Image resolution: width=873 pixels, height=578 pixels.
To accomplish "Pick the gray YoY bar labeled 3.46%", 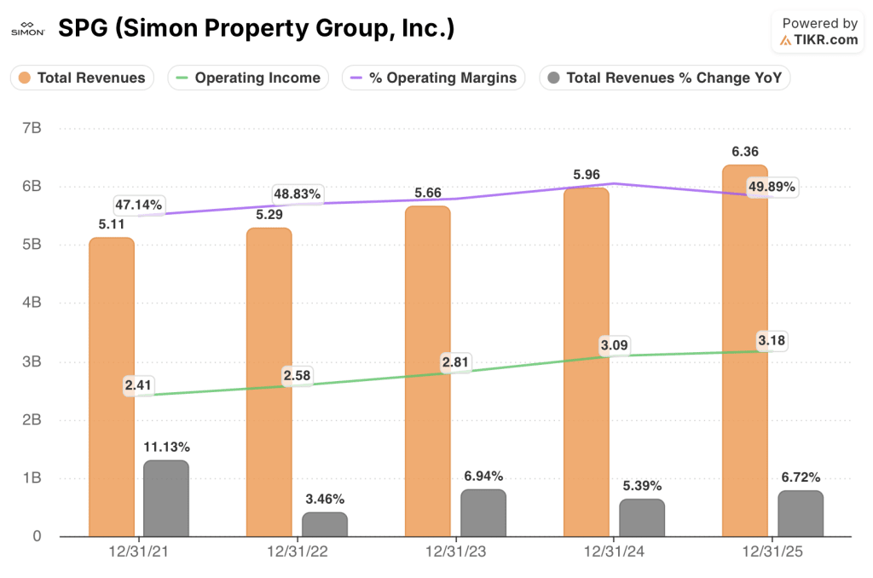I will [x=324, y=524].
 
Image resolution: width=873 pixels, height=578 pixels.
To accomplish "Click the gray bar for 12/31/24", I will [x=641, y=517].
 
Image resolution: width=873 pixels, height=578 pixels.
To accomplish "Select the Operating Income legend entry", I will [x=248, y=78].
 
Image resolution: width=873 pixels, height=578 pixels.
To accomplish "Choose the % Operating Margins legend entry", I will [x=433, y=78].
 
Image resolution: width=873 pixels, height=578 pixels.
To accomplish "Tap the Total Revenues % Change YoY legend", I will [x=665, y=78].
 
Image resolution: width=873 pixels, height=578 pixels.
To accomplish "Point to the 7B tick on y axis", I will [x=32, y=128].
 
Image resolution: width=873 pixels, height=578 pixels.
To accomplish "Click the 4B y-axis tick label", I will [x=32, y=303].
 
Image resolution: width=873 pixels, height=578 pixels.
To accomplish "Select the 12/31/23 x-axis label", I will [x=455, y=552].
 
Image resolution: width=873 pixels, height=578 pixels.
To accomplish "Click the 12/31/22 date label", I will [x=297, y=552].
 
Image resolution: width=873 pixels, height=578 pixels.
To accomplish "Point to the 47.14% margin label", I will [x=139, y=205].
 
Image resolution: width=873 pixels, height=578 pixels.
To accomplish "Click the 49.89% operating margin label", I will [x=772, y=187].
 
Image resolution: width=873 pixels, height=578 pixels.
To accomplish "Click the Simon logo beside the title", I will [x=28, y=30].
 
